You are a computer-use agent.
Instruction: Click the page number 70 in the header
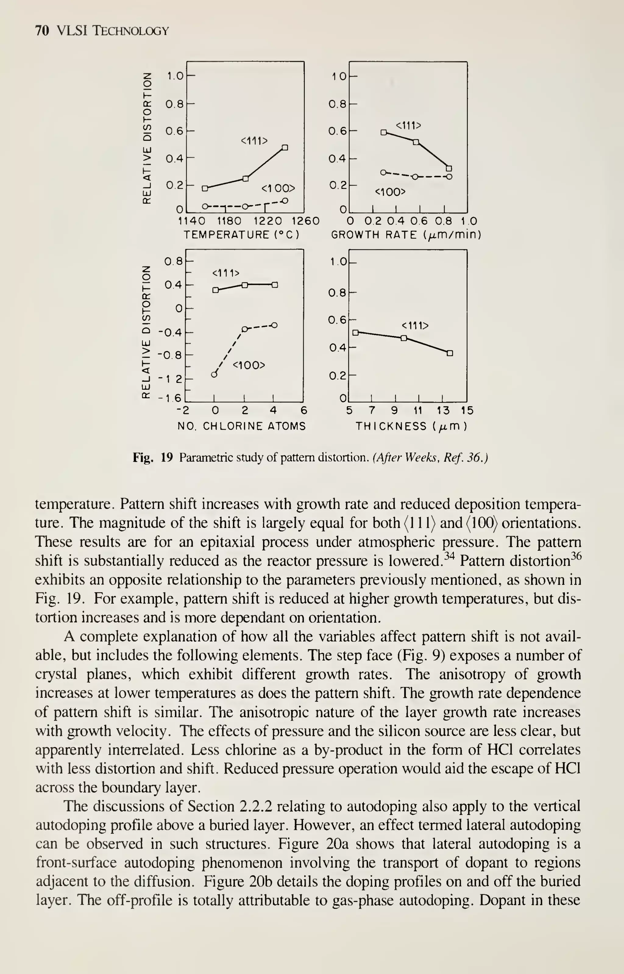pos(42,31)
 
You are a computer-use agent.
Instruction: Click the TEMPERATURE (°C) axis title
pos(242,235)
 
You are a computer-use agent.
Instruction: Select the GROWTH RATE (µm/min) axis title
pos(406,235)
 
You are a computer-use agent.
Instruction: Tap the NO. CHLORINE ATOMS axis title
pos(242,426)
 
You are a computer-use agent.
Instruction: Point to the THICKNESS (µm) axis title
pos(411,426)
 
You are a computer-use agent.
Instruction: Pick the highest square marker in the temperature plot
pos(285,148)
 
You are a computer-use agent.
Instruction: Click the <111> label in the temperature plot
pos(254,141)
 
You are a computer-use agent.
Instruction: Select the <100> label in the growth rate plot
pos(390,192)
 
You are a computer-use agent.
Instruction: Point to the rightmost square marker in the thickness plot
pos(450,353)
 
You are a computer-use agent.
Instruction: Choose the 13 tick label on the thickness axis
pos(443,411)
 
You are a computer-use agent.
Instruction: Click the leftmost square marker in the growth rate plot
pos(383,132)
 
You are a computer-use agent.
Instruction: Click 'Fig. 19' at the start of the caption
pos(153,458)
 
